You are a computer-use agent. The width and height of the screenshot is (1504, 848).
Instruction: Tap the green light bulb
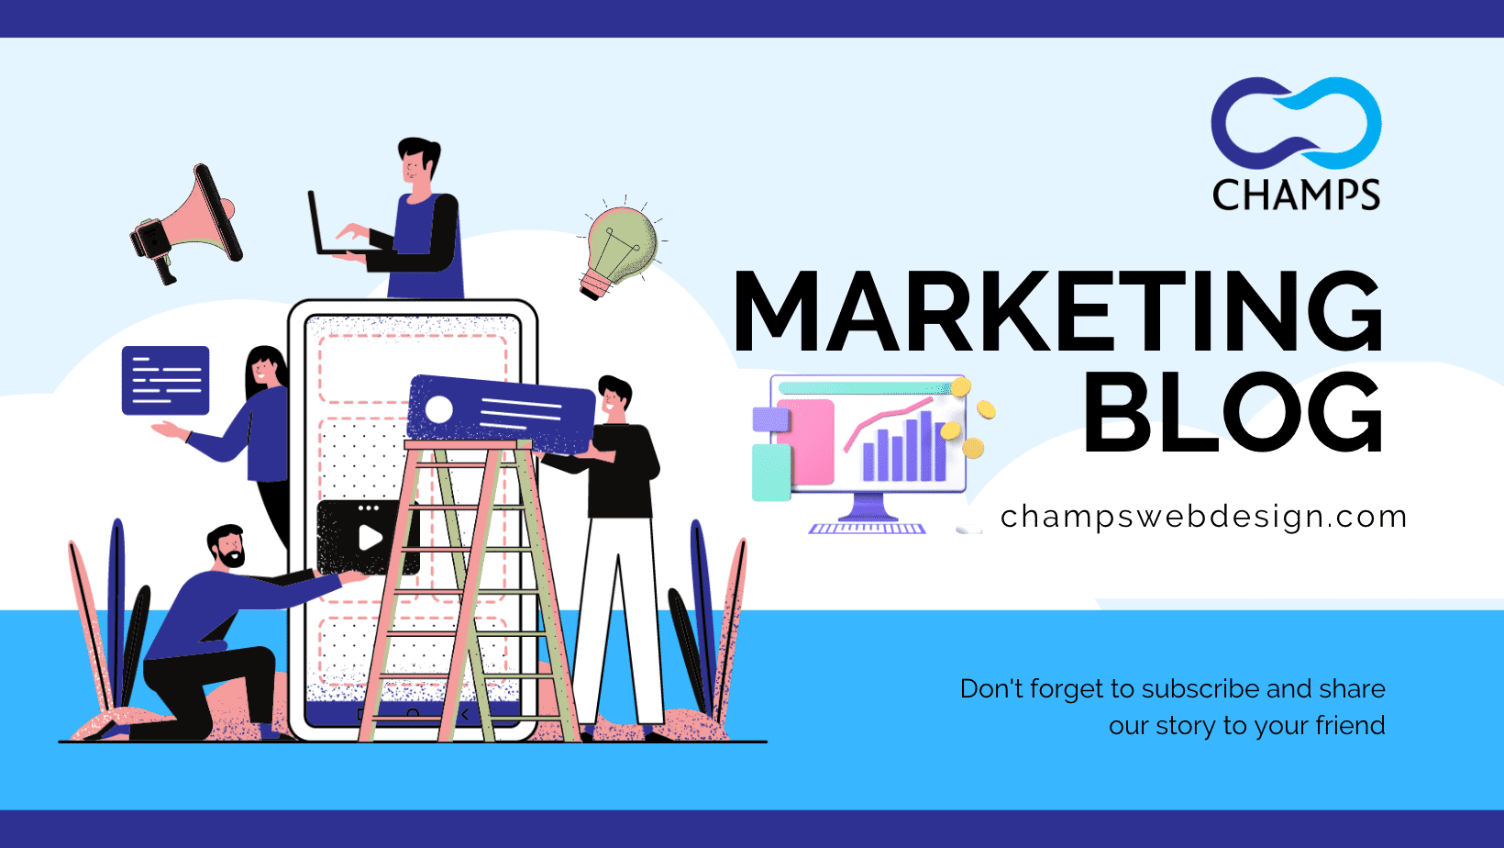[x=619, y=248]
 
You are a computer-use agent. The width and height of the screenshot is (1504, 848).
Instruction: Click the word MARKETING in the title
[x=1058, y=311]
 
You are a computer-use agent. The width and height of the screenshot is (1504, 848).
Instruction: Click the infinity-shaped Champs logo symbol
[x=1296, y=124]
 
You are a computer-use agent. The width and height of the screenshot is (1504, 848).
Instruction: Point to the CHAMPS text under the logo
[x=1296, y=195]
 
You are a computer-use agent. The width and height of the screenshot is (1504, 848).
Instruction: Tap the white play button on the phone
[x=370, y=538]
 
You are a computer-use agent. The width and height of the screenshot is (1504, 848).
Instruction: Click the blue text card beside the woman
[x=165, y=380]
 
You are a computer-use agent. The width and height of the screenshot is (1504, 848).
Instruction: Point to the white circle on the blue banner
[x=439, y=410]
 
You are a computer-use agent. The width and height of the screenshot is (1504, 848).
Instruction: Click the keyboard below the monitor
[x=867, y=529]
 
